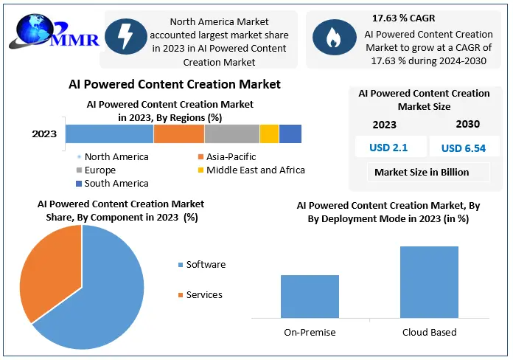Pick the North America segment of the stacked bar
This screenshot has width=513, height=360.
click(x=109, y=134)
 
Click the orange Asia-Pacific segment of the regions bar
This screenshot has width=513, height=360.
click(x=179, y=134)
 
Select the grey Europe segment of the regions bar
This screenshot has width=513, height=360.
click(x=232, y=134)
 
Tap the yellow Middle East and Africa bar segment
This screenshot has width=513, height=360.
click(x=269, y=134)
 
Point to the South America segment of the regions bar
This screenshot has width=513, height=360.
click(x=290, y=134)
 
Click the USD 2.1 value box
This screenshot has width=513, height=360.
click(x=389, y=148)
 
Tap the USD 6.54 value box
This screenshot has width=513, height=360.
click(x=463, y=148)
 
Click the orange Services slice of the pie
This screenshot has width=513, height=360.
click(x=47, y=273)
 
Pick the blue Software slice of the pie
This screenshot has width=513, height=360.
click(x=103, y=295)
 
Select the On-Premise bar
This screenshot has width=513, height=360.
click(x=310, y=297)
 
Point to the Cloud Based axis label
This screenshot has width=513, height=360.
click(x=429, y=332)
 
